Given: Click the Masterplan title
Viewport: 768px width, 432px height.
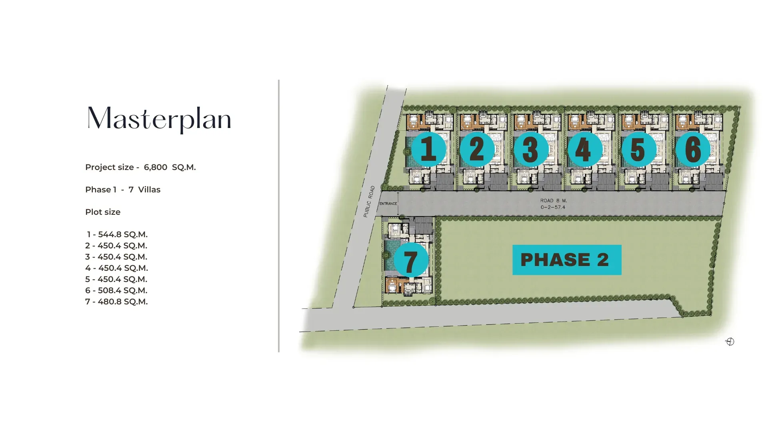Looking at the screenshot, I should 159,119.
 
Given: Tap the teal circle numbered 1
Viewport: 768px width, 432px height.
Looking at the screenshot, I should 428,149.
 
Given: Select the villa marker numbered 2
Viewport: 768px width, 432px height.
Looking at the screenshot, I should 477,149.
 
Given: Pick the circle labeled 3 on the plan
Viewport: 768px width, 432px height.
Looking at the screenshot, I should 530,149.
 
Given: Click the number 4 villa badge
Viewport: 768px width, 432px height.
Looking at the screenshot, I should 584,149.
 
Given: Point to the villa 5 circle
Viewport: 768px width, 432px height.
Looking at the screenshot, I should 638,149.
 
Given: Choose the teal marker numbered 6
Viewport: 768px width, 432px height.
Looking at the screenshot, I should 693,149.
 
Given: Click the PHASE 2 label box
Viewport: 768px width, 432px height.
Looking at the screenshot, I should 566,260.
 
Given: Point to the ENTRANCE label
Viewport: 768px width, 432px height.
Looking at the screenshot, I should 388,204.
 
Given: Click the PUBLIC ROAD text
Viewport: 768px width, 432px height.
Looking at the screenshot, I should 369,201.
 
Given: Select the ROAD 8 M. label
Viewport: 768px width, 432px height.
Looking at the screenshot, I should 553,201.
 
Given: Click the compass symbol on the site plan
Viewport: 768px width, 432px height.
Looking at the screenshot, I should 730,342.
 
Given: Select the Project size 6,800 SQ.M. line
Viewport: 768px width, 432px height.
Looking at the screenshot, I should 140,167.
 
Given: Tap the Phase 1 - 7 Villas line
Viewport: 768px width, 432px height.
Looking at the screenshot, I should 123,190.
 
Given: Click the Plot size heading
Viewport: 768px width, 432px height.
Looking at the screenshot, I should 103,212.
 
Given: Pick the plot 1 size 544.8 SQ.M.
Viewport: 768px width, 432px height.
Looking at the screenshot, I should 117,234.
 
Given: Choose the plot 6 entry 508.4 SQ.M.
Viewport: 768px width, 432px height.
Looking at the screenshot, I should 116,290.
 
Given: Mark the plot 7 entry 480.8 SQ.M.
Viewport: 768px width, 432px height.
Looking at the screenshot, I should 116,302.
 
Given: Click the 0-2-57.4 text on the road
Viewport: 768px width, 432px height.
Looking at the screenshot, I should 553,207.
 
